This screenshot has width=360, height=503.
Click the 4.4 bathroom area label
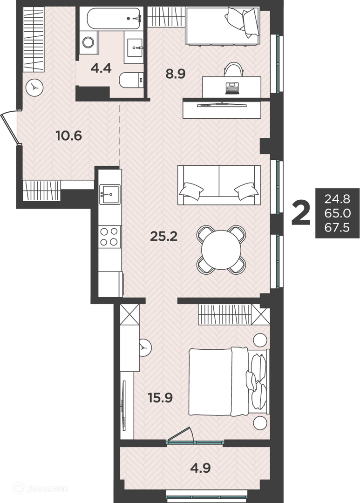[101, 68]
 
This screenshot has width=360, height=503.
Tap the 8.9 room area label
[176, 74]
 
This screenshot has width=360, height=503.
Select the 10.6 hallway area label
[68, 136]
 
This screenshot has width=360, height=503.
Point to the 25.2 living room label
[163, 237]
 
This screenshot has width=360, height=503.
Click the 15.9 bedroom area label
[160, 398]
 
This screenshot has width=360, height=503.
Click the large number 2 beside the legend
[301, 213]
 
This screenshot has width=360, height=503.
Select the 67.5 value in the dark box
[337, 228]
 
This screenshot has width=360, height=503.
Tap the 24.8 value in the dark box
[337, 199]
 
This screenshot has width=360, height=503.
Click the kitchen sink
[110, 194]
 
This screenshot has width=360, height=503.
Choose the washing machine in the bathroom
[88, 42]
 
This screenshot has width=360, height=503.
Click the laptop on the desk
[232, 88]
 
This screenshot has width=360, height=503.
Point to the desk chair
[233, 68]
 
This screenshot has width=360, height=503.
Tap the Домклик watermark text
[48, 489]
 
